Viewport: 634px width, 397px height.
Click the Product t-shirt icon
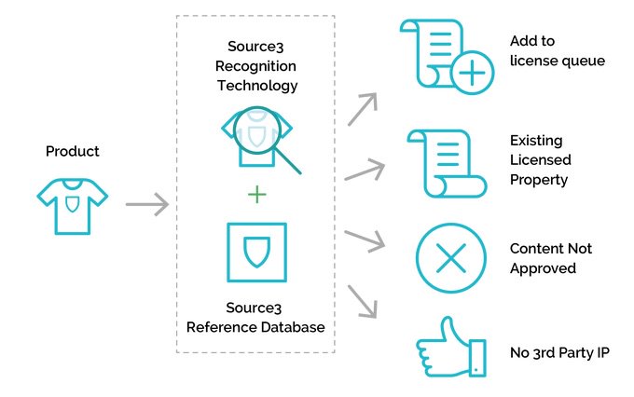tap(72, 202)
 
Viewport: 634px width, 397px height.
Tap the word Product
tap(72, 151)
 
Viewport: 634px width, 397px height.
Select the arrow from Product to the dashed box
tap(145, 203)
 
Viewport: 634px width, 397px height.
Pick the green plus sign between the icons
tap(256, 194)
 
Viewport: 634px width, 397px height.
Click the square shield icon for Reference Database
tap(256, 252)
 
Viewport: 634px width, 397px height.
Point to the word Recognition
tap(256, 65)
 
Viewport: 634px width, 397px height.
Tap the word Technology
tap(256, 85)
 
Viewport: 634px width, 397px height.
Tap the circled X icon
tap(451, 258)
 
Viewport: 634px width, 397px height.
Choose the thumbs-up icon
tap(451, 352)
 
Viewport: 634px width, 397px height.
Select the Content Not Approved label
tap(550, 258)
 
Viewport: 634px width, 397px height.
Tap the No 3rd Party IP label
tap(559, 352)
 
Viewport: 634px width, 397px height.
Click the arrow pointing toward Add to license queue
tap(363, 108)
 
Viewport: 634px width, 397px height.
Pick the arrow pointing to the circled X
tap(365, 240)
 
